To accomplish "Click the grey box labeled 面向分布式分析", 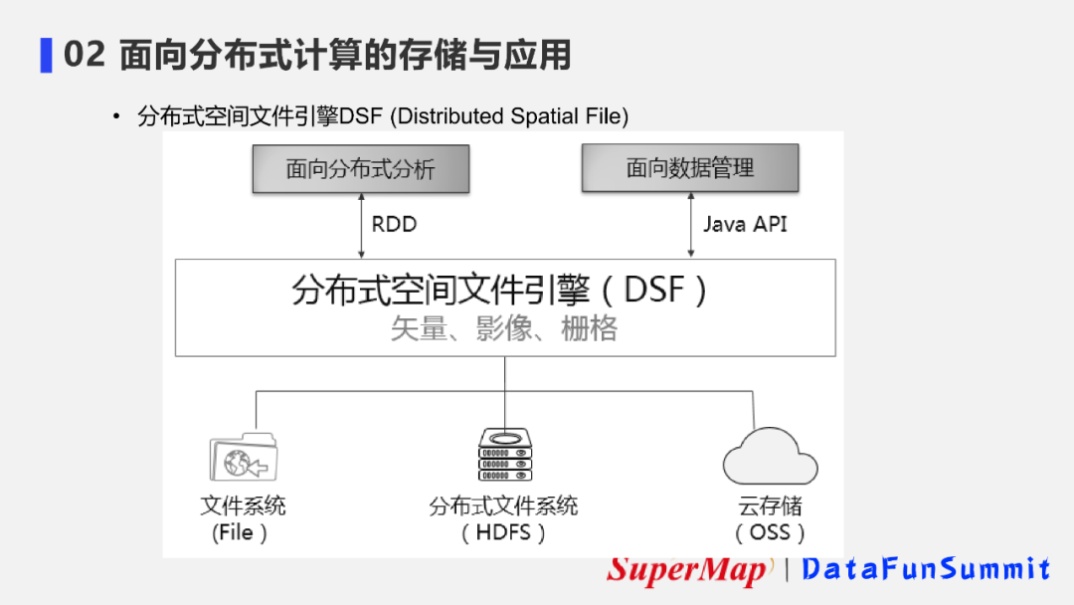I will pos(360,168).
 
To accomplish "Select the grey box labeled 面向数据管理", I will pos(689,168).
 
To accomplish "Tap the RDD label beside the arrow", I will pos(394,224).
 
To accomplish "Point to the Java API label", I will pos(745,224).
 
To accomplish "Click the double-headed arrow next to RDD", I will pos(361,225).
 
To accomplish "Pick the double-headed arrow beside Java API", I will pos(690,225).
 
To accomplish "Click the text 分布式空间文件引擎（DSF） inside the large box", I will pos(500,290).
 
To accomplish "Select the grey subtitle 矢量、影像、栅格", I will pos(503,329).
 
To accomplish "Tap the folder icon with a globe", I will pos(243,458).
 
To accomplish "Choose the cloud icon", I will pos(770,457).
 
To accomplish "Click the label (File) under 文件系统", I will pos(240,532).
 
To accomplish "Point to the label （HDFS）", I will pos(504,532).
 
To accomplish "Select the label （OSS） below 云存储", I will pos(769,532).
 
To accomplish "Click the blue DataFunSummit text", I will pos(926,569).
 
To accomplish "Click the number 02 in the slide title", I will pos(84,55).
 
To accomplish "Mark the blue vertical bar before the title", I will pos(46,55).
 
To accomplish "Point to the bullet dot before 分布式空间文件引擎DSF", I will pos(116,117).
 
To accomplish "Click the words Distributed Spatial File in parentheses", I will pos(508,116).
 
